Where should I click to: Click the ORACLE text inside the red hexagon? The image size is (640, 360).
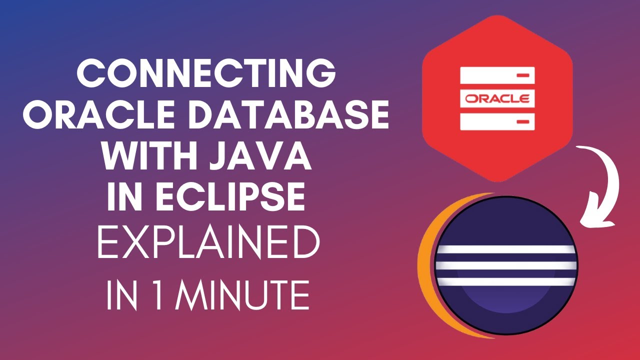(497, 98)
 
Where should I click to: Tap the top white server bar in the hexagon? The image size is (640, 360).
(497, 75)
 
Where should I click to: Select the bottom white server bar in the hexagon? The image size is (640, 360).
(497, 120)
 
